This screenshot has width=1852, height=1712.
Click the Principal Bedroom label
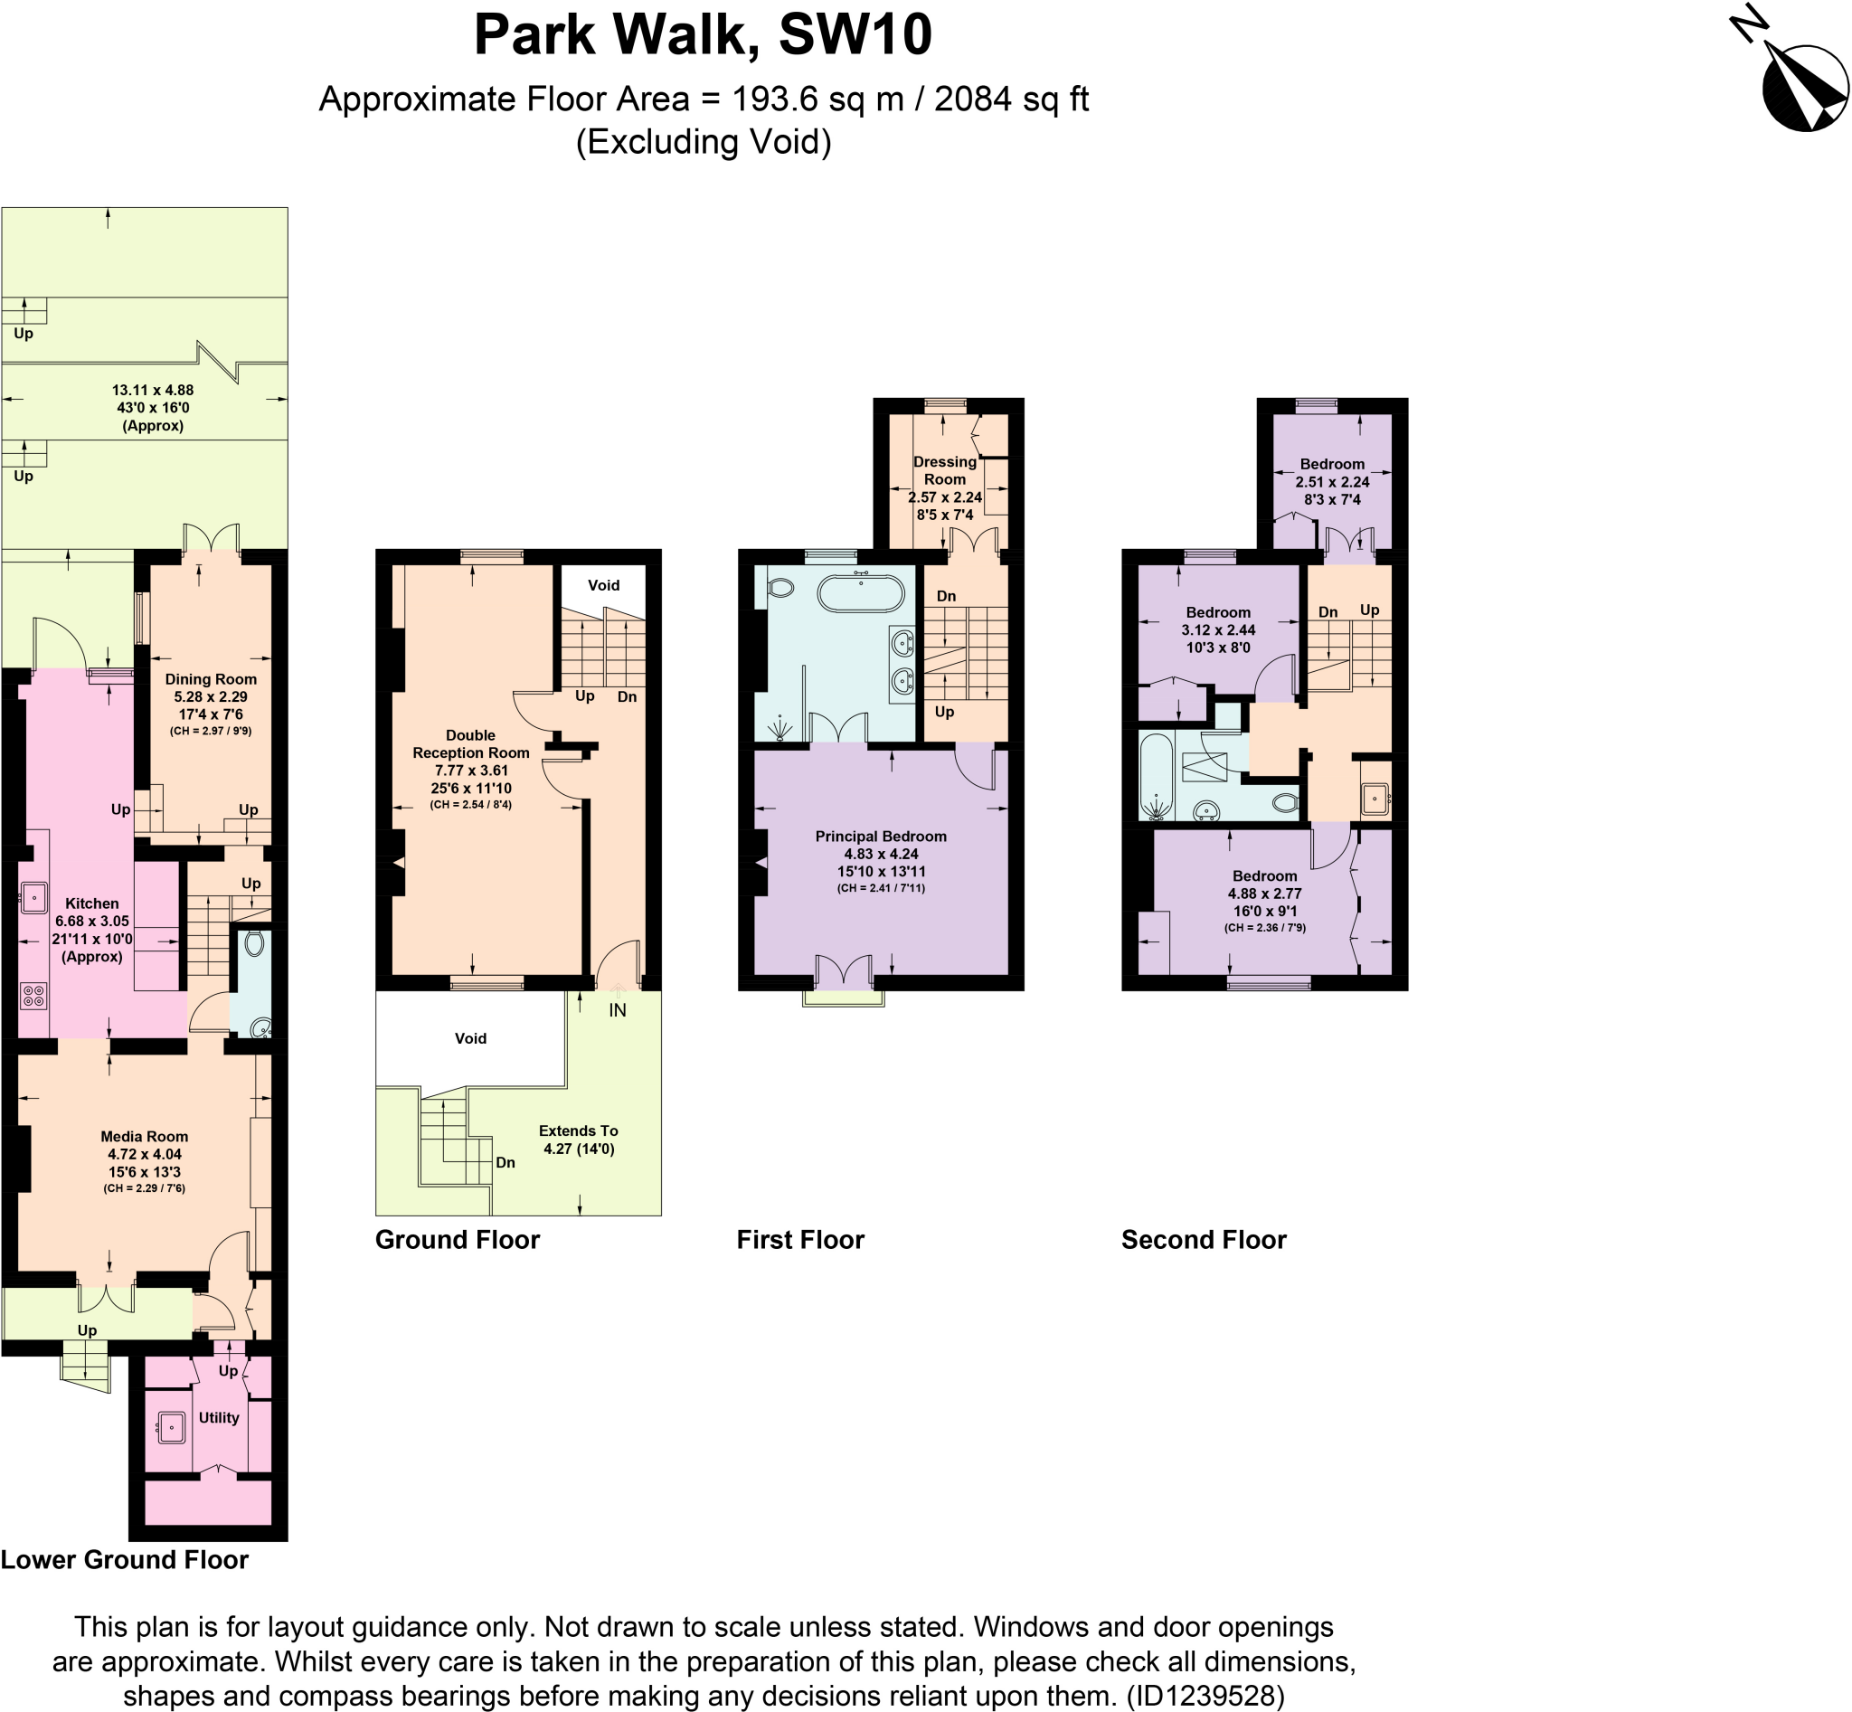880,837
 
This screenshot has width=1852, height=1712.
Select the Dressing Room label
944,470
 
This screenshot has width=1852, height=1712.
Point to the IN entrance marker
617,1011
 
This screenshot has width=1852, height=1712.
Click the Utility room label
219,1417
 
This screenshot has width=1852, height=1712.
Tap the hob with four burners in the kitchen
33,996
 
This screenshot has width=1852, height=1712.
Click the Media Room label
144,1137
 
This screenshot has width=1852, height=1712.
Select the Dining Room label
211,679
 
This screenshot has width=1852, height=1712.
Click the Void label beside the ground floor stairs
603,585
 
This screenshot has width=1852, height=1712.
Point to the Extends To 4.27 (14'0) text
578,1140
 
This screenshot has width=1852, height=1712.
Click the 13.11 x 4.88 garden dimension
153,390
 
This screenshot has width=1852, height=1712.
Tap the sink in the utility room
172,1428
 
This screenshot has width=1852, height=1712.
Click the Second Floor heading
1204,1240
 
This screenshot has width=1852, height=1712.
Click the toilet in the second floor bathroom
1286,801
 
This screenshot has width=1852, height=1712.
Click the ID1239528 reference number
1205,1696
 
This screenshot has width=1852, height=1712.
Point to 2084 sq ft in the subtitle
1011,99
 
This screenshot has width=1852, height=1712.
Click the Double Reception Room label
470,744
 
